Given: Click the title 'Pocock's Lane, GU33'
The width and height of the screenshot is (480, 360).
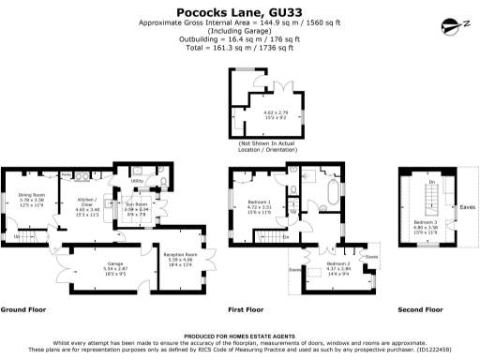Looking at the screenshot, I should pos(239,12).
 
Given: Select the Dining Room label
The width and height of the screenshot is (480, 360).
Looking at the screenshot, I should pos(32,195).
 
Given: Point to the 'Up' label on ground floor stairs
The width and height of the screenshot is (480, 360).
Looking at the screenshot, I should pos(16,236).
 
